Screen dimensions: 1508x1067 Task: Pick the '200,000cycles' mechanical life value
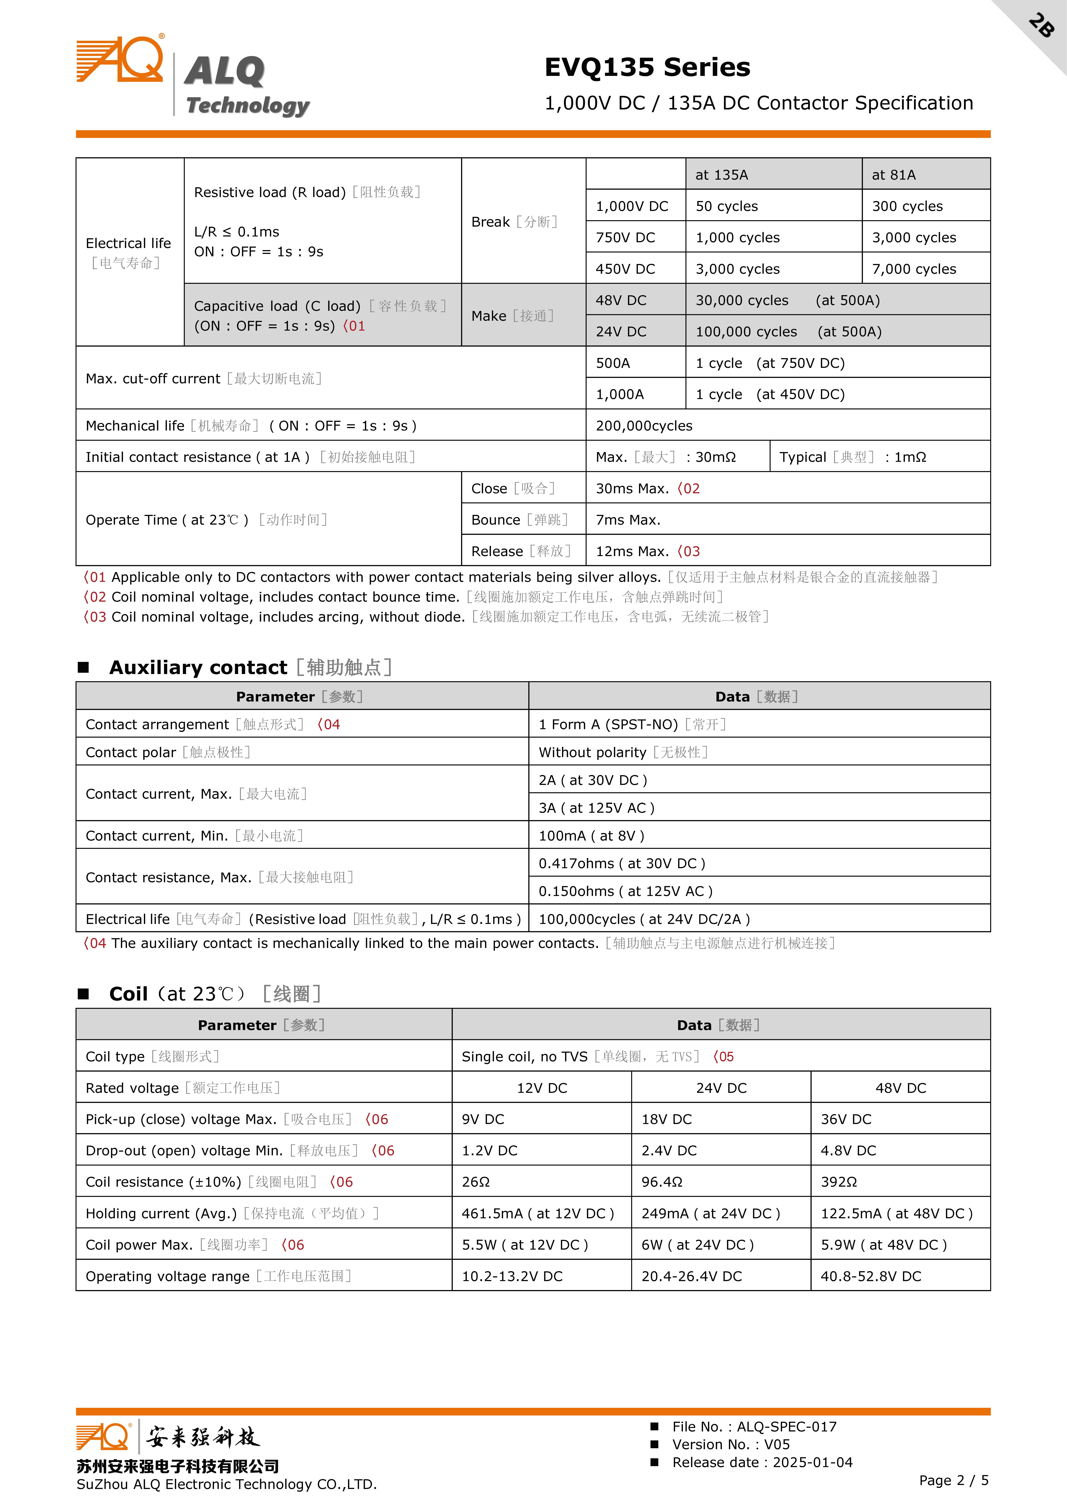click(x=644, y=426)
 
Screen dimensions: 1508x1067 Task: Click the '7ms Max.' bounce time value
click(x=627, y=520)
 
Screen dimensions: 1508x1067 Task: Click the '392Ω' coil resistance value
click(x=839, y=1182)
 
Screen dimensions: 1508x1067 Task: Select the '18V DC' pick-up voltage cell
click(x=666, y=1120)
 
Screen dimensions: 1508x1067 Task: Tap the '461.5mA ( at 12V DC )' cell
click(x=537, y=1213)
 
